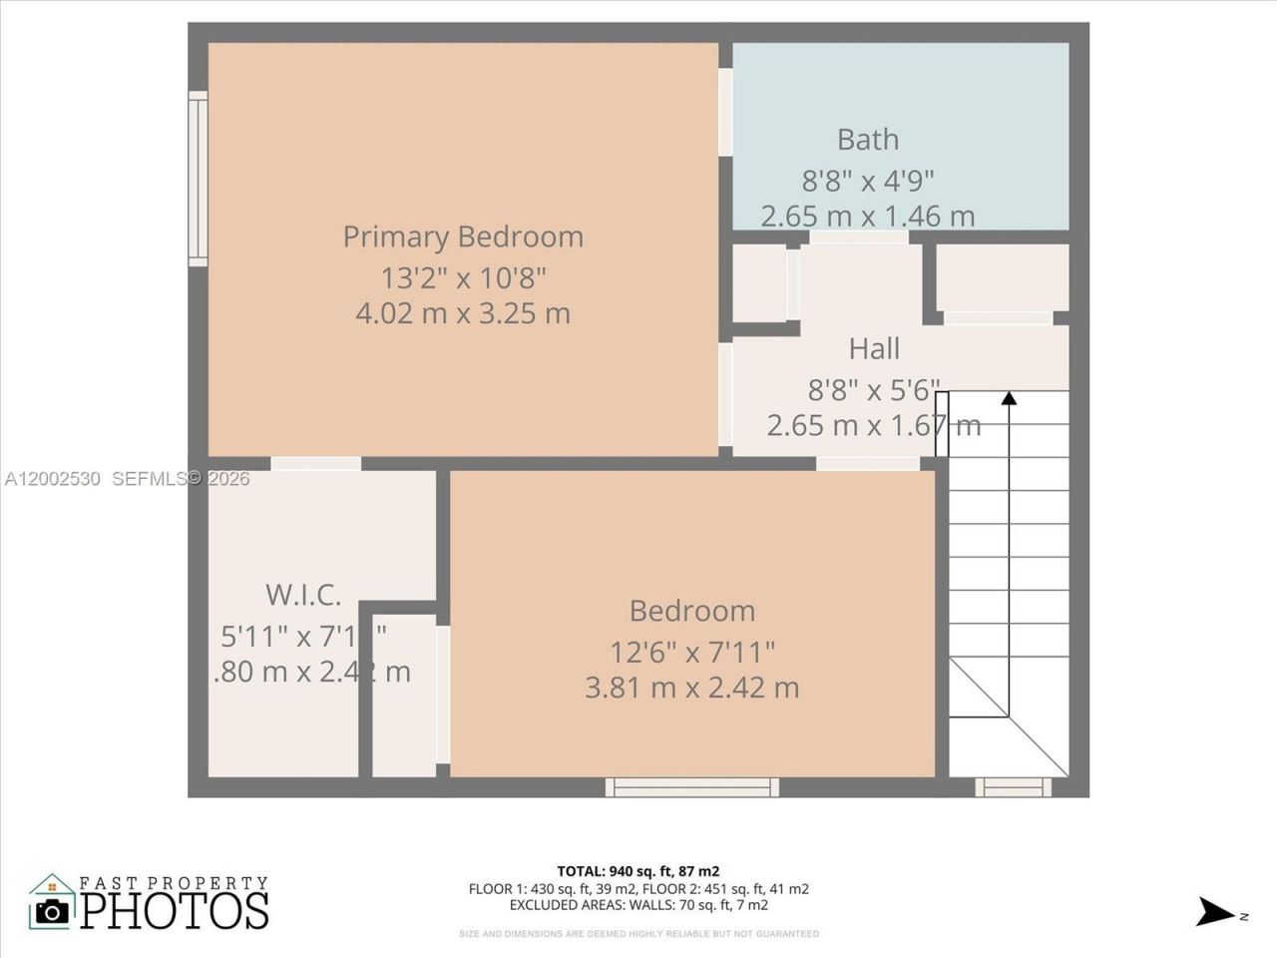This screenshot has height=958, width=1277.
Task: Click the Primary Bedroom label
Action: pos(463,237)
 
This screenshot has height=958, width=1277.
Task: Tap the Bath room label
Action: pos(867,140)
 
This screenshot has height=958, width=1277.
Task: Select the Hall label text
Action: pos(874,348)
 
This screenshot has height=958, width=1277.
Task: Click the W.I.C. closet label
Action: pos(303,595)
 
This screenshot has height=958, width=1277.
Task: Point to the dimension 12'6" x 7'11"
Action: pos(692,652)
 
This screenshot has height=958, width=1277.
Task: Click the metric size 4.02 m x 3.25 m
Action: pos(463,313)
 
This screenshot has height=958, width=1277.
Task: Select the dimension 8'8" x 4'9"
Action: pos(867,181)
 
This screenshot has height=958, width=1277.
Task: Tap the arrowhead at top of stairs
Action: pos(1009,398)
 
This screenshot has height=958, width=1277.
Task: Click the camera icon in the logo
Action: pos(52,909)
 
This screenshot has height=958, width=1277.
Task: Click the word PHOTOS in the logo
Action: pos(175,909)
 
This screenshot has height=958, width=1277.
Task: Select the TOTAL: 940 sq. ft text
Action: pos(638,870)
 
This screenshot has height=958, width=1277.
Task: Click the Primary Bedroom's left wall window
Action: pos(198,179)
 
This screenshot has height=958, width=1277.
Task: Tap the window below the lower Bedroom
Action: pos(691,787)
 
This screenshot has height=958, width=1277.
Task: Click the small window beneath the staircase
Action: pos(1013,787)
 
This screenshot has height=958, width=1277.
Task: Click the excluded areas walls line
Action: pos(638,905)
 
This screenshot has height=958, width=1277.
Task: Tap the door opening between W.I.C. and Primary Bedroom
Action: pos(316,463)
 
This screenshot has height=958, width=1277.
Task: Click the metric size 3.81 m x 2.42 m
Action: pos(692,688)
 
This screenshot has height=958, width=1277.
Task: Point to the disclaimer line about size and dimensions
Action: pos(638,934)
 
